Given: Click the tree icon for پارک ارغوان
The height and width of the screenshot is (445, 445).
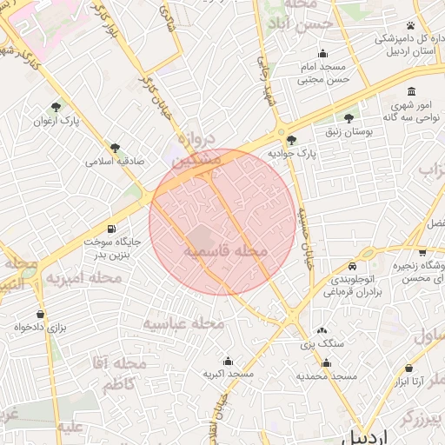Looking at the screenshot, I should [56, 107].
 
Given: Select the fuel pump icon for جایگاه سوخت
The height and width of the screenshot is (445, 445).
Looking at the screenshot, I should [110, 229].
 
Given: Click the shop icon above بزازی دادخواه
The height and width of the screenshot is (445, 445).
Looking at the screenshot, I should [40, 313].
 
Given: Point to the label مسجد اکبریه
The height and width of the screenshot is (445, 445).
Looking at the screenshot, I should [228, 374].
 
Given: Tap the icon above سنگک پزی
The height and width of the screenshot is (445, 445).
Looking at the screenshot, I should [322, 330].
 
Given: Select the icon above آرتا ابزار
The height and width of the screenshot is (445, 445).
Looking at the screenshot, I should [409, 368].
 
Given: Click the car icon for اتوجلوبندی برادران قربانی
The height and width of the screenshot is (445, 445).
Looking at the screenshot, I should [351, 265].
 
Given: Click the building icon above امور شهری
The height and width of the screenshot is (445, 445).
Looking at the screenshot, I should [410, 92].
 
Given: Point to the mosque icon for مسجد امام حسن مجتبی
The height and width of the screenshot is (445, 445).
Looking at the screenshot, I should [323, 53].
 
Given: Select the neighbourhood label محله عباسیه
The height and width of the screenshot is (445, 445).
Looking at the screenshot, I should [183, 323].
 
